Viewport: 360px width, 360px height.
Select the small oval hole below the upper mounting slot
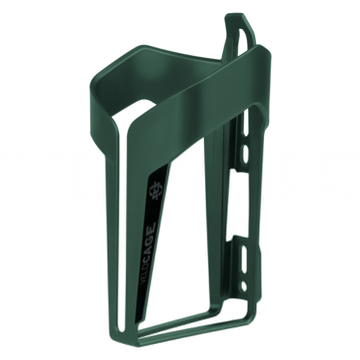pos(245,155)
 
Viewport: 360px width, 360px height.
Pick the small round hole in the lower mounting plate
pos(243,286)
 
